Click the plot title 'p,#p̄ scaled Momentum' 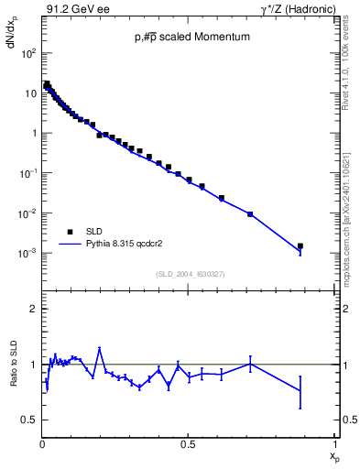coord(190,37)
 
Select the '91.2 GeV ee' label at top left coord(72,8)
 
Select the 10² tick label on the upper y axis coord(28,52)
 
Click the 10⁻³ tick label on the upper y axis coord(28,253)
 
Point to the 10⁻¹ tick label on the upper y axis coord(28,173)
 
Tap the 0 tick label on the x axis coord(43,445)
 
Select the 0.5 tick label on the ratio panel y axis coord(30,420)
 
